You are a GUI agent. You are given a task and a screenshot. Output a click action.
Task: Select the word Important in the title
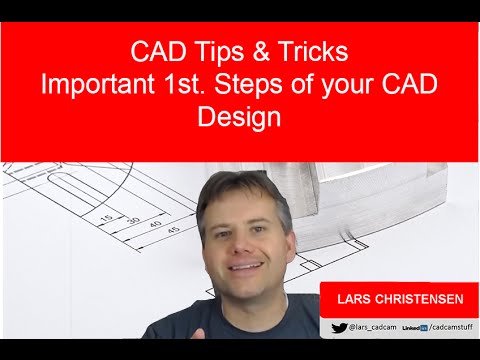point(101,84)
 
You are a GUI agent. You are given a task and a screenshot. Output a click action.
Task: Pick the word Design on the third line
point(240,118)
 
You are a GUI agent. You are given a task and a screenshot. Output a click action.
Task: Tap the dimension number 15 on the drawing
point(105,216)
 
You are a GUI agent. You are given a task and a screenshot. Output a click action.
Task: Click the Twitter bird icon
point(339,327)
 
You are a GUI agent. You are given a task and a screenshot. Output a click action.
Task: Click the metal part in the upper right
point(400,190)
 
